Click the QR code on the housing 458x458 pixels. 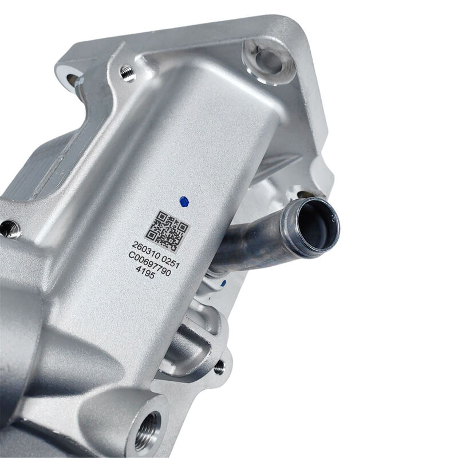point(167,231)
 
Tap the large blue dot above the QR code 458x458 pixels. point(184,202)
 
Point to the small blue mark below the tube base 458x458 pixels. point(224,283)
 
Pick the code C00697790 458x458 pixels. point(150,264)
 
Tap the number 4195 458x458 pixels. point(145,273)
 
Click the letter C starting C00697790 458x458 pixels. point(132,256)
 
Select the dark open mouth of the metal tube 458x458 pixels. point(317,226)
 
